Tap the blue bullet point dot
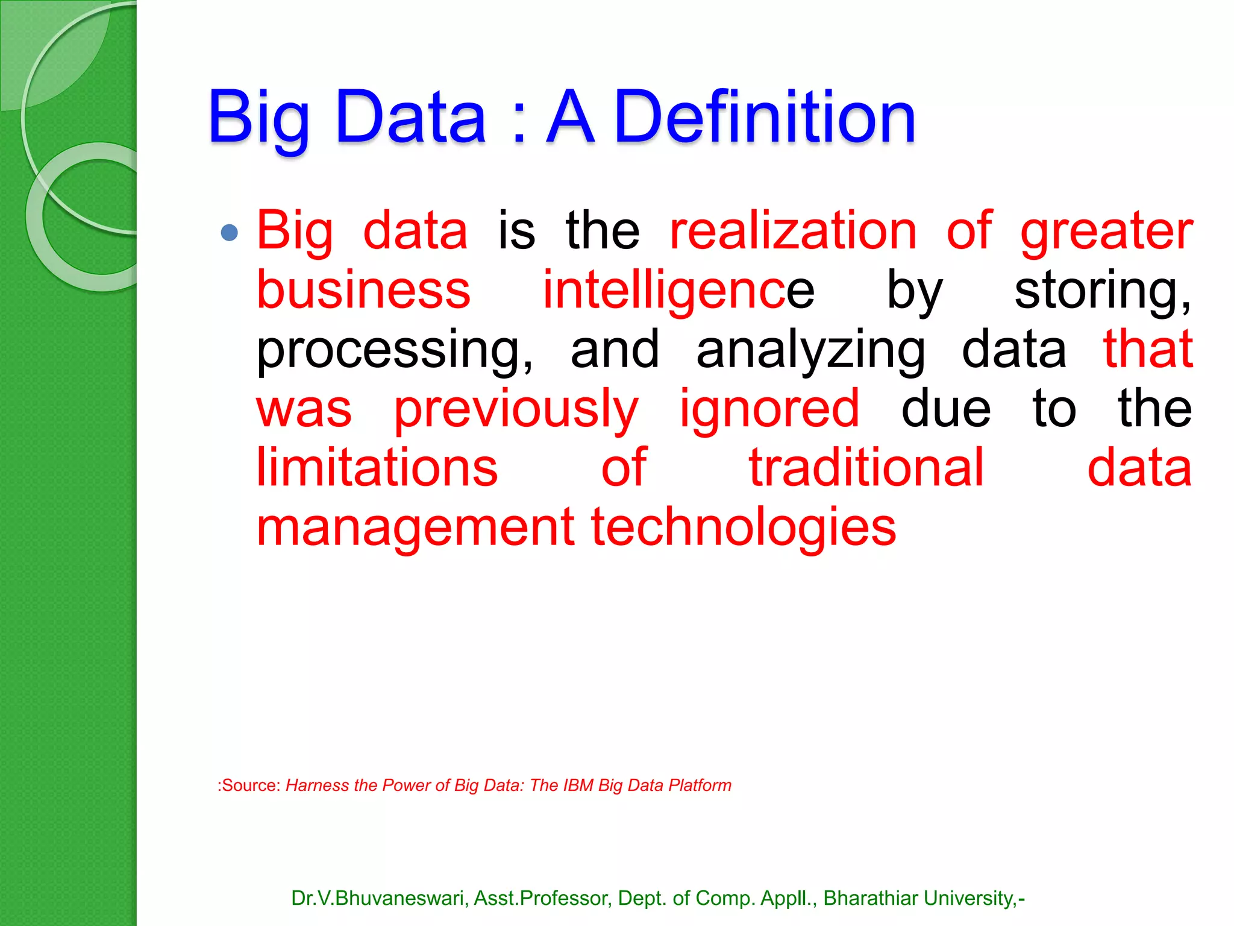pos(229,232)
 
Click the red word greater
pos(1106,232)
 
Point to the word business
pos(363,290)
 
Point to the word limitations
pos(377,468)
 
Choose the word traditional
pos(866,468)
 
